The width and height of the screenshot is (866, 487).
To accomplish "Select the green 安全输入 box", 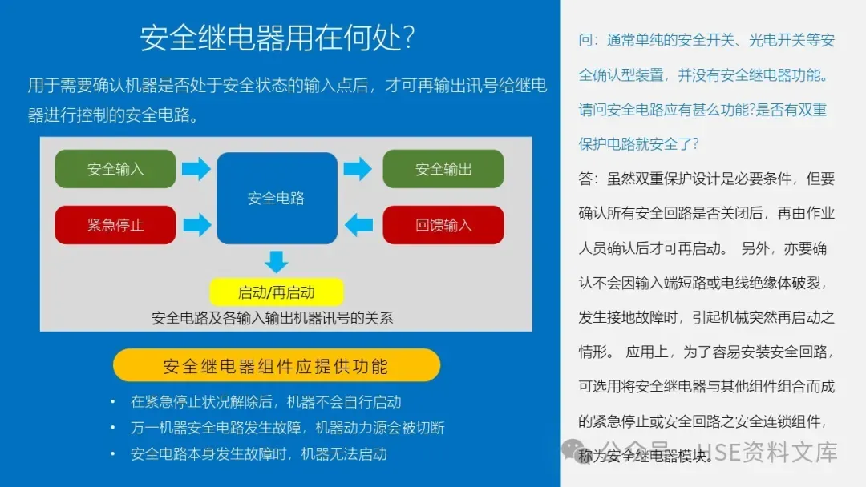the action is (x=115, y=169).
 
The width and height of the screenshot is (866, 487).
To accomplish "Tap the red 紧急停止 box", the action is (x=115, y=225).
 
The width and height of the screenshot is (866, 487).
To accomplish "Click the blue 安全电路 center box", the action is (x=277, y=198).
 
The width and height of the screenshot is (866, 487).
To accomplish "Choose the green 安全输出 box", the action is (x=443, y=169).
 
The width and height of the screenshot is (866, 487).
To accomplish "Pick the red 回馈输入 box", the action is (x=443, y=225).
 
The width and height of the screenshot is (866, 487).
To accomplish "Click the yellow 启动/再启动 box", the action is (x=277, y=292).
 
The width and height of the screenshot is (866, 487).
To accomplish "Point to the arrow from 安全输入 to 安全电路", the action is (x=196, y=169).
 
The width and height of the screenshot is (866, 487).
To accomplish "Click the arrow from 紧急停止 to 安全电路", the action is (x=196, y=225).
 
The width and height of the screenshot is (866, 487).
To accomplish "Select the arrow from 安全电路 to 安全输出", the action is (x=358, y=169).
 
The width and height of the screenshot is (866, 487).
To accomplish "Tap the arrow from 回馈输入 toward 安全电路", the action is (x=358, y=225).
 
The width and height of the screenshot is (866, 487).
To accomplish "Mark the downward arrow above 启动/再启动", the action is (x=277, y=262).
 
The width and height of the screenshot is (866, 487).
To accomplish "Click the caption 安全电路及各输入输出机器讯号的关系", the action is (x=273, y=318).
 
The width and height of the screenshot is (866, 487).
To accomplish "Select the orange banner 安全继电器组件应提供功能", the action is (x=277, y=366).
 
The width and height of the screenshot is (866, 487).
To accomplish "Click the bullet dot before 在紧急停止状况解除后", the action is (x=113, y=402).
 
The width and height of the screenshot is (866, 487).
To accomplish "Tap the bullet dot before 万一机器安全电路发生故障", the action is (x=113, y=428).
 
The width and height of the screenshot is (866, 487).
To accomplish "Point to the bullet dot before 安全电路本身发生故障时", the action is (x=113, y=454).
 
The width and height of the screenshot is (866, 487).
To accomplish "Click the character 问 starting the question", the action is (x=585, y=40).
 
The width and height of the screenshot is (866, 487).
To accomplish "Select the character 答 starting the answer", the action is (x=585, y=178).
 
